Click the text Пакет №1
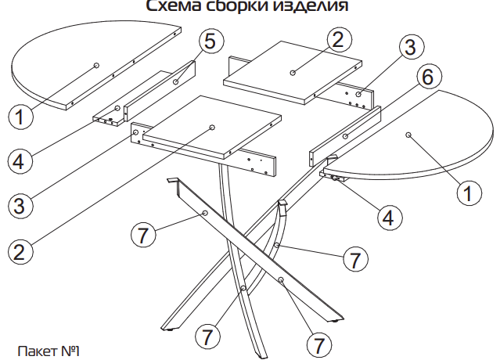coord(48,349)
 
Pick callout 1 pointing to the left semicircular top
coord(21,118)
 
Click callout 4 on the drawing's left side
coord(21,161)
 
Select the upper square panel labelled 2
coord(293,70)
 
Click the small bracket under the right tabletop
coord(338,178)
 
